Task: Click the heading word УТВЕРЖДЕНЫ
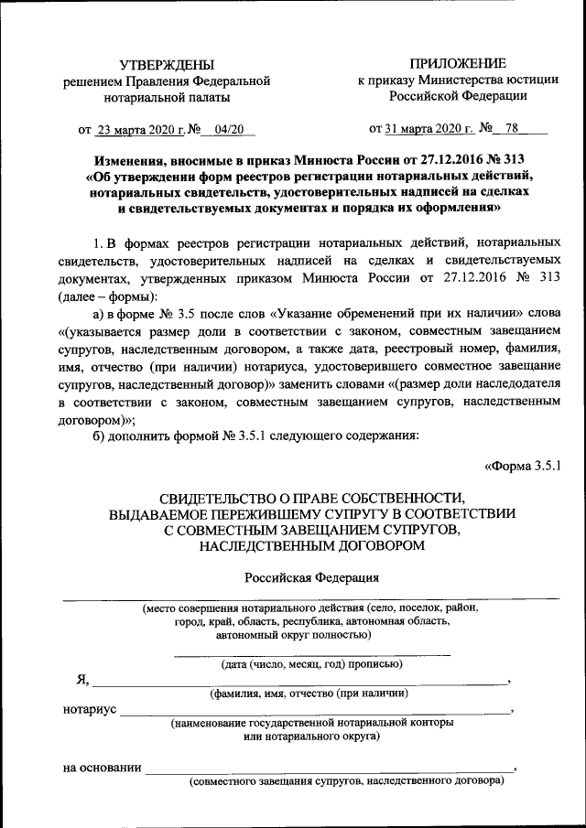168,64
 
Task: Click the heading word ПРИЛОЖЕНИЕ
457,63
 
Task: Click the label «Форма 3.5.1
522,467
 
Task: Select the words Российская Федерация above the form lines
311,577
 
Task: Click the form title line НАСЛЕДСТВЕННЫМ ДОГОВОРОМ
311,546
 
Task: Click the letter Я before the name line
81,679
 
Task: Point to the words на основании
102,767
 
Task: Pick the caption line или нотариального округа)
311,736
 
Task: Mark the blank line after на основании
330,770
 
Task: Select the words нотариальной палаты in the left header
167,96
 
